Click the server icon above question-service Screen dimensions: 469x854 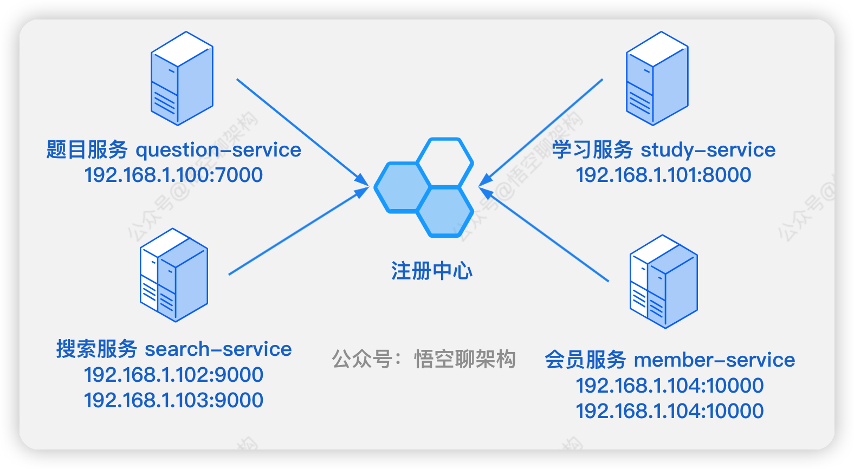pos(182,79)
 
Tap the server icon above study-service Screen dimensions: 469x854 pos(657,79)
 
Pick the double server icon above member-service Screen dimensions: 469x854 pos(663,282)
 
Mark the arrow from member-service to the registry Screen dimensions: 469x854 pos(545,234)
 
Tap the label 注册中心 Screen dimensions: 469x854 pos(431,271)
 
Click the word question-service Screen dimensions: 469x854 pos(218,150)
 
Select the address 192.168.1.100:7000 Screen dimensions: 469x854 pos(173,175)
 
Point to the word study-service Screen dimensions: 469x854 pos(708,150)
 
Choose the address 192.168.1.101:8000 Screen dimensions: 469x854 pos(663,175)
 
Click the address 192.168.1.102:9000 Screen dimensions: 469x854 pos(173,375)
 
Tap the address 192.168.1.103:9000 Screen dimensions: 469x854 pos(173,400)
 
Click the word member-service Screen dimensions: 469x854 pos(714,360)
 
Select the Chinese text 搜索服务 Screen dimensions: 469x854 pos(97,349)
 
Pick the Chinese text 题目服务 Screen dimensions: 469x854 pos(87,150)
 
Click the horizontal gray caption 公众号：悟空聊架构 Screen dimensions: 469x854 pos(424,359)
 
